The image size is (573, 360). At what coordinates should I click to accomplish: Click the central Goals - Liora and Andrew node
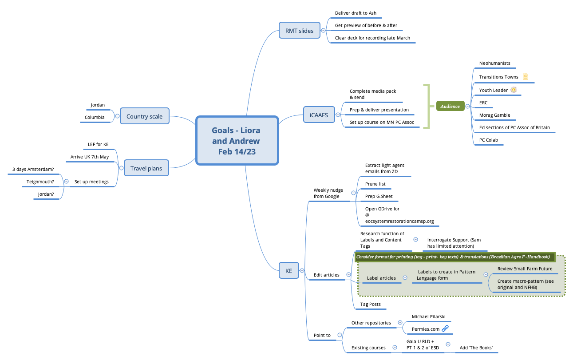point(237,141)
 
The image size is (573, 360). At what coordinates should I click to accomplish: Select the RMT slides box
point(299,31)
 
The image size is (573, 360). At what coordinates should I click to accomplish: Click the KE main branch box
point(288,270)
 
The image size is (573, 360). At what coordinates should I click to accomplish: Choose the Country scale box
point(144,116)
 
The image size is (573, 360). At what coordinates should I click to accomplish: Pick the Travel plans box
point(146,168)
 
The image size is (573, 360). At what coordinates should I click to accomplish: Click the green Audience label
point(450,106)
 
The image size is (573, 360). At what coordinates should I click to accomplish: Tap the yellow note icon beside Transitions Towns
point(526,76)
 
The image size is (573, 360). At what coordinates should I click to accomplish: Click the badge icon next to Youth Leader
point(514,90)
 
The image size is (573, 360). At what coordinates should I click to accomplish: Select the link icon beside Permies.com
point(445,328)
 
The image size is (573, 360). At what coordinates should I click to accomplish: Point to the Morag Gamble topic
point(494,115)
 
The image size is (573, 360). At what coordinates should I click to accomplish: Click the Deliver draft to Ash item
point(356,13)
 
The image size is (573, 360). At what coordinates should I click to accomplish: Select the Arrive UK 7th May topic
point(89,157)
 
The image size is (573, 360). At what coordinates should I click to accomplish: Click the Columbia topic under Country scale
point(95,117)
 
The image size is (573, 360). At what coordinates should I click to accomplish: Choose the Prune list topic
point(375,184)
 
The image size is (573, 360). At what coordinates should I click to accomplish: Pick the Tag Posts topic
point(370,304)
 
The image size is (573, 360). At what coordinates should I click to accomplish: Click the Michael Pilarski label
point(428,316)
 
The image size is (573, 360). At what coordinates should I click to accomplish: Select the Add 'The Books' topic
point(476,348)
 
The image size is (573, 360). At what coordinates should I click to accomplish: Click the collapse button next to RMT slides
point(323,31)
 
